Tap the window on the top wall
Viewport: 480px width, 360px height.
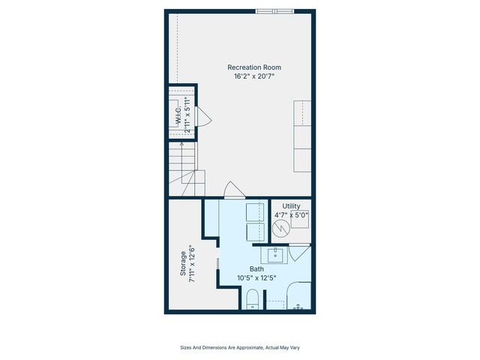(274, 11)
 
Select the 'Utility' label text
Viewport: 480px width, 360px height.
(291, 206)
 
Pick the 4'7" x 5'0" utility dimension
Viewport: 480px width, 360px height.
(291, 215)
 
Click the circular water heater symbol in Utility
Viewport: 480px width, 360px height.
(282, 228)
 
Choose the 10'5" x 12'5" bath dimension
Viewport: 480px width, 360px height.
(256, 277)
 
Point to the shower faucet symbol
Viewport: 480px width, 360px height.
(299, 307)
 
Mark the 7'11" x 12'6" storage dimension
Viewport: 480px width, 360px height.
(193, 264)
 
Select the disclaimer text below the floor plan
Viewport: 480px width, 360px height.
(239, 347)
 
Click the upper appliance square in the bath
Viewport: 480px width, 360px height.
(254, 211)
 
